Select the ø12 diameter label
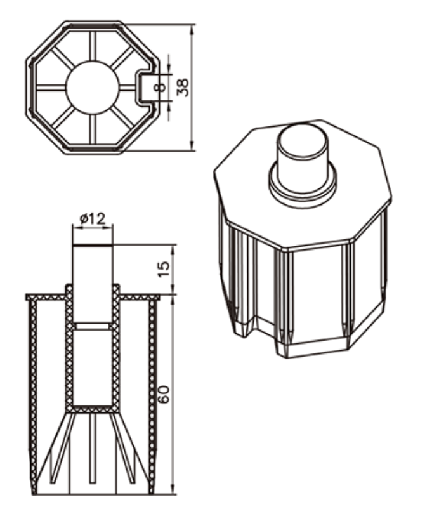coord(93,219)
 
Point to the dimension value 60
coord(164,395)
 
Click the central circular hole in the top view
coord(93,86)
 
